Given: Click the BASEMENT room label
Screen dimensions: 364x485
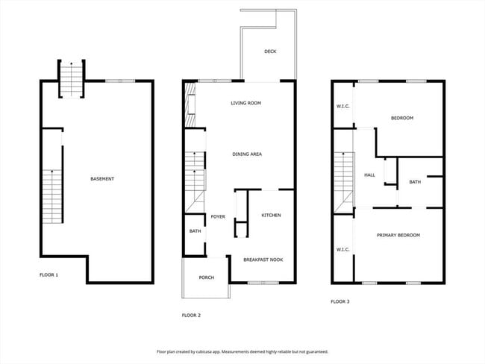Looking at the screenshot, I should pos(102,179).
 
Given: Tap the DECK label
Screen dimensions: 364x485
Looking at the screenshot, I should pos(271,51).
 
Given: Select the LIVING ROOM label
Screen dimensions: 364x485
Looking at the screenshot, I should pos(245,103).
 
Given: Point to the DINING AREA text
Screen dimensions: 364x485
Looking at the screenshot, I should pos(246,154).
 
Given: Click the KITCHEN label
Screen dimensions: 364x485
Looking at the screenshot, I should pos(271,216).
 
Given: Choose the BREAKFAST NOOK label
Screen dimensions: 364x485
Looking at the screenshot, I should pos(263,260).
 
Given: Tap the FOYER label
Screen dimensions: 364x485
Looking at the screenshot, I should pos(218,216).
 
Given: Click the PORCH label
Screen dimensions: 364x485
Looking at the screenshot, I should pos(207,277).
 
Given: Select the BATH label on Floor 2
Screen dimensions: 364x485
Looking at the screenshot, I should pos(195,231).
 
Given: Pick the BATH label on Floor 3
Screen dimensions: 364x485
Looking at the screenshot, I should pos(415,181).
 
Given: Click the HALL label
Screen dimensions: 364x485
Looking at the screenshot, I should pos(369,175).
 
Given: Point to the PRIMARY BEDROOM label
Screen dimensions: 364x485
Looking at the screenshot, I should pos(398,236).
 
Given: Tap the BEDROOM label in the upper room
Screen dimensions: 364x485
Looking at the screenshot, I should pos(402,118).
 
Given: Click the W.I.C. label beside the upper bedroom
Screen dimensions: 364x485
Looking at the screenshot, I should pos(343,106).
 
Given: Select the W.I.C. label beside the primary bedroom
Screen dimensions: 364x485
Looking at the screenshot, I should pos(343,249).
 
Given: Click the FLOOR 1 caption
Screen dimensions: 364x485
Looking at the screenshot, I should pos(48,275).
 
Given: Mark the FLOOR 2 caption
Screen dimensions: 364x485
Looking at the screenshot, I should pos(191,316).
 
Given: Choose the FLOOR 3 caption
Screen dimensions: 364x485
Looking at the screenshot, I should pos(340,301).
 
